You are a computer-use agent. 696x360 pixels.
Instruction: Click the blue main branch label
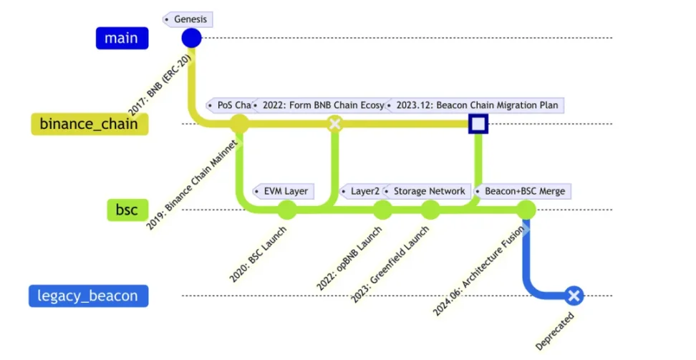tap(122, 38)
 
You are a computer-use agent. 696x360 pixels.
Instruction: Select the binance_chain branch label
tap(90, 124)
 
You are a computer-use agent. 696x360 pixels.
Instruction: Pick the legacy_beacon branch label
tap(88, 296)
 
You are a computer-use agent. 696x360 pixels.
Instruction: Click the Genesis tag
tap(189, 19)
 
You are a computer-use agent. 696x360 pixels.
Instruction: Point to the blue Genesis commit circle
tap(191, 38)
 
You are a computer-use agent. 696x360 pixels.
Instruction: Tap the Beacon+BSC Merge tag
tap(522, 191)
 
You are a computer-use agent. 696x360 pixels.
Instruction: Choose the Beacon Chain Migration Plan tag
tap(474, 105)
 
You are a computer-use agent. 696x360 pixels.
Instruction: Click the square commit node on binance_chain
tap(478, 125)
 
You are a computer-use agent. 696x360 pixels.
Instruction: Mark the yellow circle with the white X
tap(334, 124)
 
